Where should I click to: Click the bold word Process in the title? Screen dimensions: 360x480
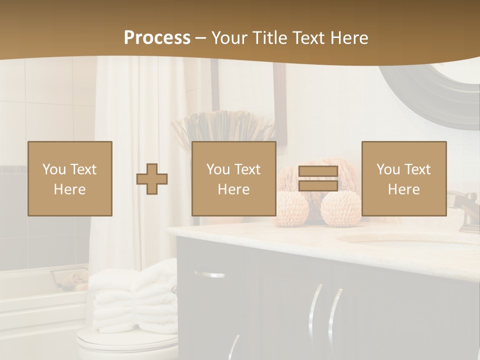(157, 37)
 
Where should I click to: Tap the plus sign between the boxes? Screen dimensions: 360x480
(152, 178)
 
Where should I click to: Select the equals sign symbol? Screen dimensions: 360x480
(318, 178)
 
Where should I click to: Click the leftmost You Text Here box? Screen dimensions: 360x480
(70, 178)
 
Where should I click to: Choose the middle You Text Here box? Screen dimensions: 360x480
(234, 178)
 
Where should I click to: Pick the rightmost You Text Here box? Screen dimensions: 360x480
(404, 178)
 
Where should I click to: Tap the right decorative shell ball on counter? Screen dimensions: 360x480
(340, 209)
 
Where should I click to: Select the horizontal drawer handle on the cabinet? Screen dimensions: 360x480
(210, 274)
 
